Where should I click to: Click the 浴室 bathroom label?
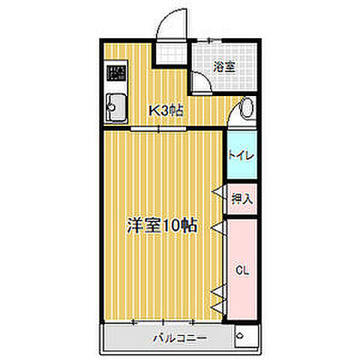[225, 66]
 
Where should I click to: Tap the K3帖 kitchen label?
[166, 111]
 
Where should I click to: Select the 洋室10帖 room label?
[162, 223]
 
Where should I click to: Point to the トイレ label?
[241, 155]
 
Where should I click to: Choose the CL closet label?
[241, 268]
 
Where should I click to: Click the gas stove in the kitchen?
[115, 73]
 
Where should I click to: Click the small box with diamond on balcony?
[241, 337]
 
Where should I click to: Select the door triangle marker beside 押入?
[220, 196]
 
